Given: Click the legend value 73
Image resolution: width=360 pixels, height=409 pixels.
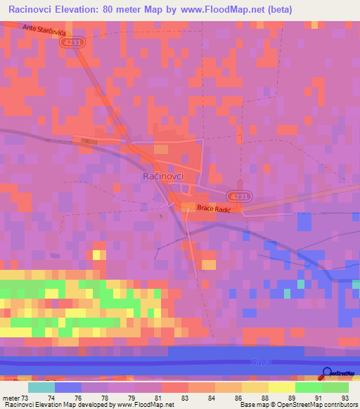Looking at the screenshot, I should coord(27,398).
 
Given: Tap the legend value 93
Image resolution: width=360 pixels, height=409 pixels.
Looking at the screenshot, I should coord(344,398).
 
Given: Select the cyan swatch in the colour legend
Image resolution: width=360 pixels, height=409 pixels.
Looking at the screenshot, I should coord(41,387).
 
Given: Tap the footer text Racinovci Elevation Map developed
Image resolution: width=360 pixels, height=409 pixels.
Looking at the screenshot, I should coord(49,405).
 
